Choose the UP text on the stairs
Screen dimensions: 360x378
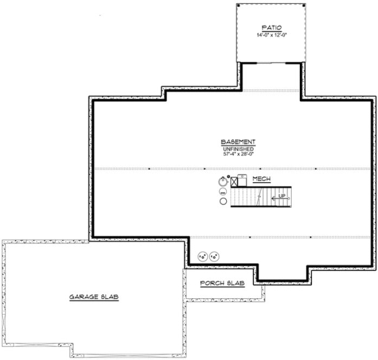pos(281,196)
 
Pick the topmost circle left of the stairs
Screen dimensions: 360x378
pos(223,181)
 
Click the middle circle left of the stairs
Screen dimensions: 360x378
pos(223,191)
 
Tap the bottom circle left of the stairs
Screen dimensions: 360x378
pos(223,202)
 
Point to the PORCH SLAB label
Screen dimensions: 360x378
pos(222,284)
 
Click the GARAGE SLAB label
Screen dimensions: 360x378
pos(94,297)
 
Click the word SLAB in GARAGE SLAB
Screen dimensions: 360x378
pos(109,297)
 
